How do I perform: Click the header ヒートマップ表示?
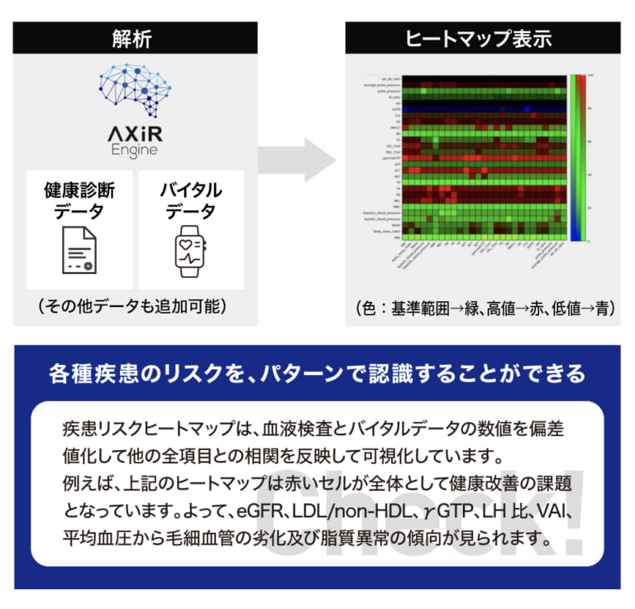tap(482, 37)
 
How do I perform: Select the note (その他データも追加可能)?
tap(132, 307)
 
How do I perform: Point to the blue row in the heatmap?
tap(480, 108)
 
